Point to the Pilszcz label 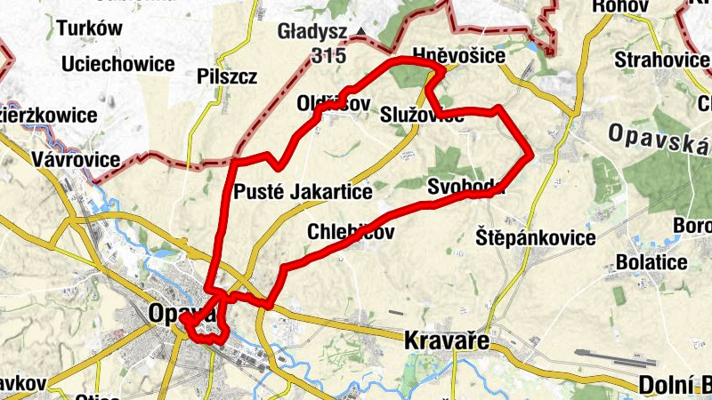point(227,76)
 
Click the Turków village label point(89,28)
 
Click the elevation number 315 point(328,55)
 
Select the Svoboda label point(465,188)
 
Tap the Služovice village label point(421,116)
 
